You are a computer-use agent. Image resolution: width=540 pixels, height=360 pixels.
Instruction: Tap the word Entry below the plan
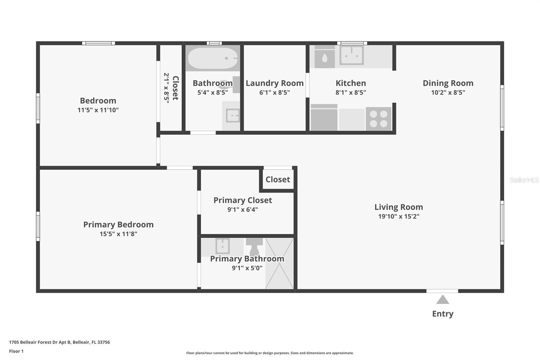point(442,314)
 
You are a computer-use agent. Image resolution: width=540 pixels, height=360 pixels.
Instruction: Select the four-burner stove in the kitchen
point(378,119)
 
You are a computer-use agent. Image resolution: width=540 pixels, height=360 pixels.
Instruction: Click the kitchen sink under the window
point(351,55)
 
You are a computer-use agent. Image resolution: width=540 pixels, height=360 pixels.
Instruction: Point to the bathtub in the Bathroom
point(213,58)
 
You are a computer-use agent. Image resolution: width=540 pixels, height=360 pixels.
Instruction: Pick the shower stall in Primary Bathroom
point(279,263)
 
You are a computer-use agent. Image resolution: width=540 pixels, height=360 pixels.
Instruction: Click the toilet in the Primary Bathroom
point(254,247)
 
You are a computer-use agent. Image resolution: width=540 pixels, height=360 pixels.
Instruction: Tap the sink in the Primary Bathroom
point(222,246)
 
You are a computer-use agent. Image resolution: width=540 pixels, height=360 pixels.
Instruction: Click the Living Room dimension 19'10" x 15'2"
point(399,216)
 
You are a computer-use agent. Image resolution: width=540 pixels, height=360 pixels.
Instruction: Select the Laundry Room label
point(275,83)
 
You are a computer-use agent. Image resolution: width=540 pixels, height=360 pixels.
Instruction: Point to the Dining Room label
point(448,83)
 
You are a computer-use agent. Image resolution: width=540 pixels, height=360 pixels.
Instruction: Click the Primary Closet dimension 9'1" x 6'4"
point(243,209)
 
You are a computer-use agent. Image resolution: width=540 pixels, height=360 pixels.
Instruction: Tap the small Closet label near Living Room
point(278,179)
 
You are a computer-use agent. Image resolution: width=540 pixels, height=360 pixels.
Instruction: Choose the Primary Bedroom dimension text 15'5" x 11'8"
point(118,234)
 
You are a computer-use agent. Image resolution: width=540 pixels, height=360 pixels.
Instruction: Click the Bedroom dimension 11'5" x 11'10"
point(98,110)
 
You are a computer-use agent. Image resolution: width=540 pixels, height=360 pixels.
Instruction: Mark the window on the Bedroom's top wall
point(98,43)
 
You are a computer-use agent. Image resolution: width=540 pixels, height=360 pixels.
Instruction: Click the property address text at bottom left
point(59,342)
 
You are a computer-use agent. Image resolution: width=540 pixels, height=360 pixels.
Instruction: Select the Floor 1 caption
point(16,351)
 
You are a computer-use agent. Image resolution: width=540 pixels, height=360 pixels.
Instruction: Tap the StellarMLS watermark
point(524,180)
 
